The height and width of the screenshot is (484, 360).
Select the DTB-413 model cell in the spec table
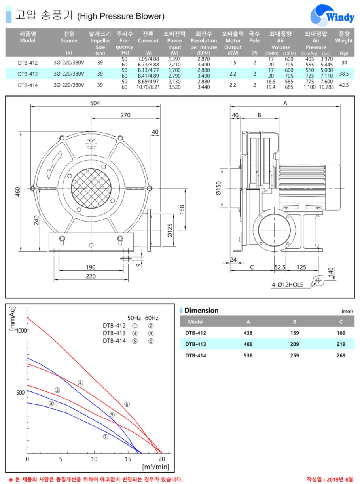coord(28,74)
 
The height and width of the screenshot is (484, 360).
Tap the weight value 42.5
coord(344,85)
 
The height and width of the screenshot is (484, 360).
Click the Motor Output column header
coord(233,44)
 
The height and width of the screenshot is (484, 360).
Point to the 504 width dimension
coord(95,103)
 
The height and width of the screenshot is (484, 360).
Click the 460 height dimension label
coord(18,192)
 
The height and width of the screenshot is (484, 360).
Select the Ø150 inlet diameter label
coord(218,188)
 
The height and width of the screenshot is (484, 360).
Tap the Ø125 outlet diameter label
coord(170,230)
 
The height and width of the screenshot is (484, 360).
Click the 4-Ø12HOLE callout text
coord(287,285)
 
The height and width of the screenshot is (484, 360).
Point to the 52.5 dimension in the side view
coord(280,267)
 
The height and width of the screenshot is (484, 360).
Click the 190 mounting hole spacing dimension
coord(90,267)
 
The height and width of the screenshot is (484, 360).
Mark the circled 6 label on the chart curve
coord(127,404)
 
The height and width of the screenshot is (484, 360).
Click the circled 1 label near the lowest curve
coord(105,437)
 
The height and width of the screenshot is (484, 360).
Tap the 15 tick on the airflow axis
coord(128,459)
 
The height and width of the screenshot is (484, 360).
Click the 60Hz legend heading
coord(152,318)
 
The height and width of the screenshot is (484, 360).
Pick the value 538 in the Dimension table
coord(248,355)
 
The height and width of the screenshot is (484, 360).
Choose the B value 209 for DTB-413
coord(294,344)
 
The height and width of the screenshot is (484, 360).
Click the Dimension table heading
coord(201,310)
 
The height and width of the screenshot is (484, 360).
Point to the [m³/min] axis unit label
coord(155,467)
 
